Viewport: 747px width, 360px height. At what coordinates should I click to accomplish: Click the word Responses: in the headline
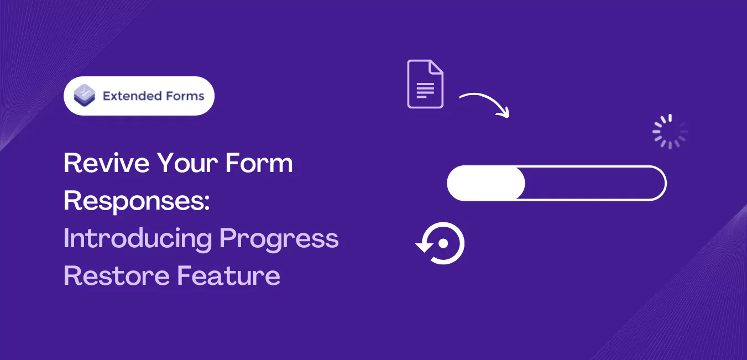point(137,201)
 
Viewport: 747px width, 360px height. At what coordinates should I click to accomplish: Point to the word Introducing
point(138,238)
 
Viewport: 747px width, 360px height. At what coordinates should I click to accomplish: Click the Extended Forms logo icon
point(85,96)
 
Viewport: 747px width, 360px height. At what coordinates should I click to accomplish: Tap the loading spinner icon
point(670,132)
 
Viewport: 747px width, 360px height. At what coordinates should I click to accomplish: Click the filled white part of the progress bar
point(485,183)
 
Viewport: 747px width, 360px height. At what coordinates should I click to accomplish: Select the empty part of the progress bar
point(594,183)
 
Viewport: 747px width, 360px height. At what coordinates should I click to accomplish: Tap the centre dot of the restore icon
point(443,243)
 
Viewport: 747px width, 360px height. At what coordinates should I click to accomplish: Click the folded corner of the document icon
point(436,67)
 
